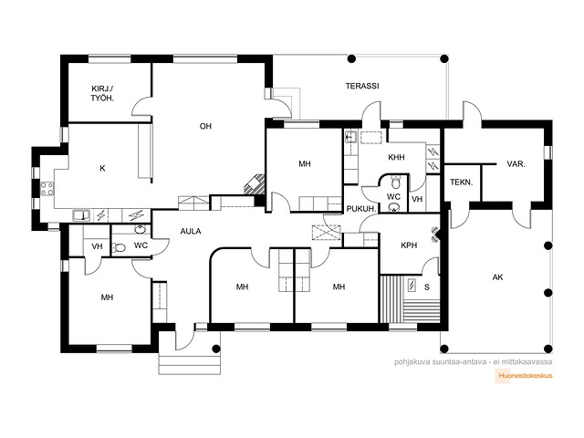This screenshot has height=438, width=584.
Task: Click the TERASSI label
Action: click(362, 86)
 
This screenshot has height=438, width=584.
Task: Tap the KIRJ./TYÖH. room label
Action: click(102, 93)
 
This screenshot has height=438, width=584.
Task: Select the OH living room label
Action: click(205, 126)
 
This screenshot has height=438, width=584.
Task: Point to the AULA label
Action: click(191, 231)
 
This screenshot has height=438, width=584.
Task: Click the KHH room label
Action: click(396, 158)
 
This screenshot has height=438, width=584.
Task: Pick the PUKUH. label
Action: click(361, 209)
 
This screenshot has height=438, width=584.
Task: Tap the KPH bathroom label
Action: click(409, 245)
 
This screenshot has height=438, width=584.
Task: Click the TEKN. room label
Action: click(461, 182)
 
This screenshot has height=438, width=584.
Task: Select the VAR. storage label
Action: click(516, 164)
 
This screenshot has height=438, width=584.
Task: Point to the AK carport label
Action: click(497, 277)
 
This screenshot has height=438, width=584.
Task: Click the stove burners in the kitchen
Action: click(47, 189)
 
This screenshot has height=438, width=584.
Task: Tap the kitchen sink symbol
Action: click(81, 215)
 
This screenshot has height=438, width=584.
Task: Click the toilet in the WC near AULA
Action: click(119, 247)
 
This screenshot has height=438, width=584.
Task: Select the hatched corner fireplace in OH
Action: click(255, 184)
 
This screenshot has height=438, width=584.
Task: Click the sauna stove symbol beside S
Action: click(412, 286)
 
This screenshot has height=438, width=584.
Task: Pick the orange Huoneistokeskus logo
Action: click(524, 375)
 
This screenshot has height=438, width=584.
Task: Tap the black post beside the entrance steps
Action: click(215, 349)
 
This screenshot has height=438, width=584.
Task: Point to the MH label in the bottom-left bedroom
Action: click(107, 297)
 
